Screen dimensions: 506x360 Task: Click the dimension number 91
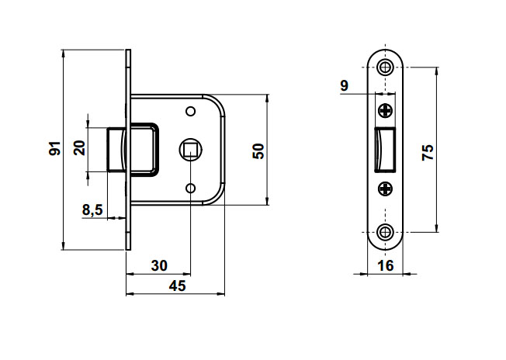pos(55,148)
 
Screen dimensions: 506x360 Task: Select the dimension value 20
pos(80,148)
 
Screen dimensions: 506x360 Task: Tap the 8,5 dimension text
pos(92,209)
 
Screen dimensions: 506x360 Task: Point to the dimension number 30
pos(159,265)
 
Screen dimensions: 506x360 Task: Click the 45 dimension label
pos(178,286)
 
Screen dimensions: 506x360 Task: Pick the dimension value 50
pos(258,151)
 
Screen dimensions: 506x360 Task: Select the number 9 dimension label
pos(345,86)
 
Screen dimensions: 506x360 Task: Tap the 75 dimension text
pos(428,153)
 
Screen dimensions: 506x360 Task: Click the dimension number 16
pos(386,266)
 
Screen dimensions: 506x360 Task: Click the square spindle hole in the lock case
pos(190,150)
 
